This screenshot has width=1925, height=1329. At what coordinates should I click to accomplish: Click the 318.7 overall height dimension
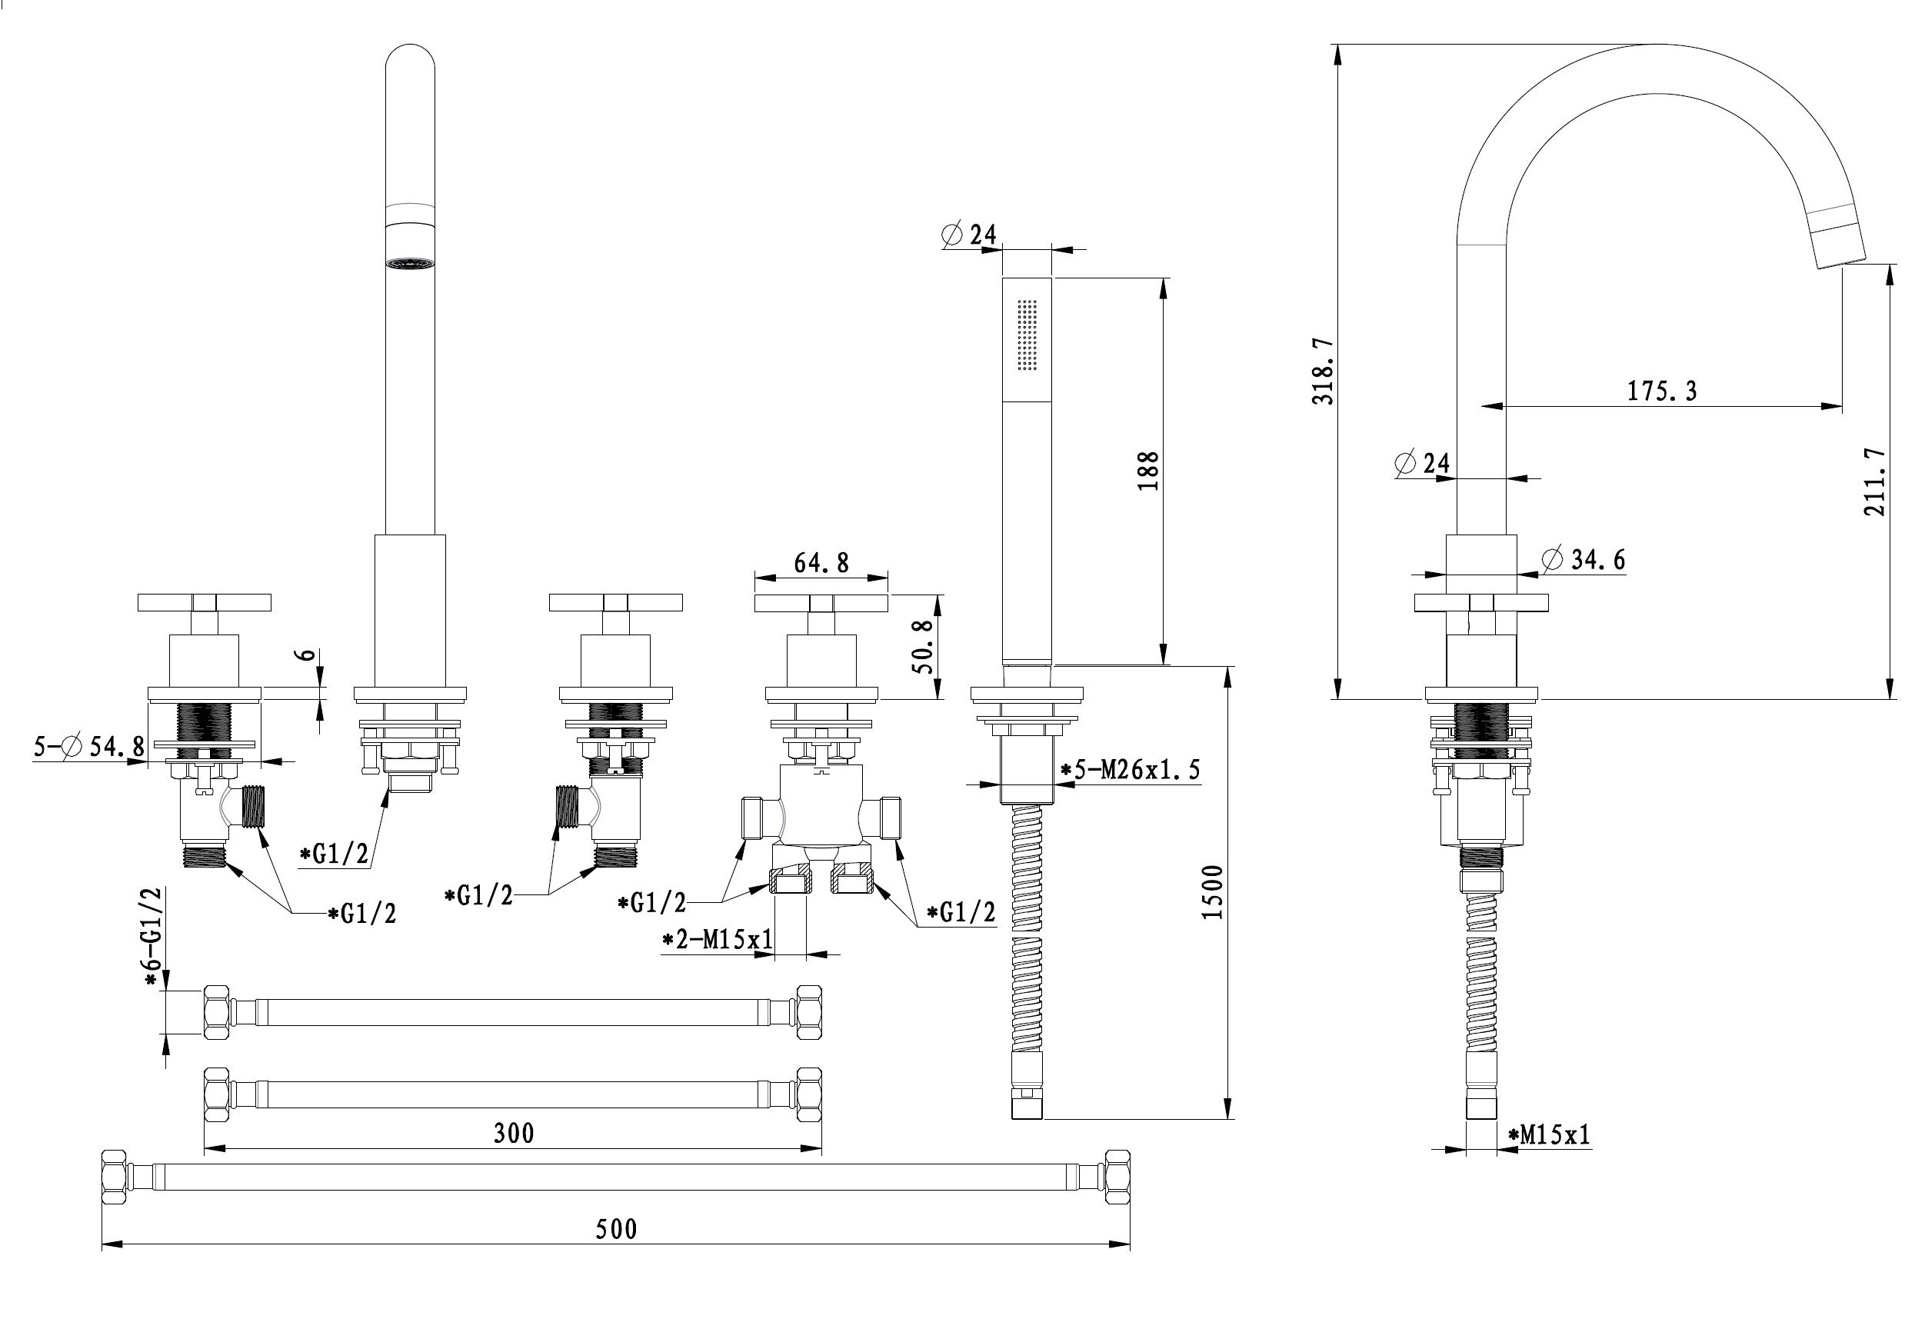[x=1322, y=371]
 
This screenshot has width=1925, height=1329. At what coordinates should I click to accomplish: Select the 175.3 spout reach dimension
[x=1662, y=391]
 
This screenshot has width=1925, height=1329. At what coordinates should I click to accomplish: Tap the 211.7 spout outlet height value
[x=1874, y=482]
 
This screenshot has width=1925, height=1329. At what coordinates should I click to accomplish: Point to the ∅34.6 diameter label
[x=1583, y=560]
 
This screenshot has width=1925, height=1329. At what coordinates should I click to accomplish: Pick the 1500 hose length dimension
[x=1213, y=893]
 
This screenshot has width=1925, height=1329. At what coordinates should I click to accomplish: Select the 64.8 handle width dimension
[x=821, y=563]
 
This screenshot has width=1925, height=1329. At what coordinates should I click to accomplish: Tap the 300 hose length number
[x=514, y=1134]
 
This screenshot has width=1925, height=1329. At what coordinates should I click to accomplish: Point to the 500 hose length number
[x=616, y=1229]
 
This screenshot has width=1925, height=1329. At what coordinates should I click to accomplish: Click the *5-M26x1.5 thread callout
[x=1130, y=771]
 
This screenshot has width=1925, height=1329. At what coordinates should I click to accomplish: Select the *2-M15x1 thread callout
[x=717, y=940]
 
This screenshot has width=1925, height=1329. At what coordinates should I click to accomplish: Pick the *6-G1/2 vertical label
[x=152, y=937]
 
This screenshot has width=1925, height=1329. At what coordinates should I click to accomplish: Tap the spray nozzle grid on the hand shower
[x=1027, y=334]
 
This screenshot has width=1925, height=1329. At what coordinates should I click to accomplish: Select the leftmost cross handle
[x=204, y=602]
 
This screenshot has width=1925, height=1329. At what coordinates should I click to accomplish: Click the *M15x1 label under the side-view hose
[x=1550, y=1134]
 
